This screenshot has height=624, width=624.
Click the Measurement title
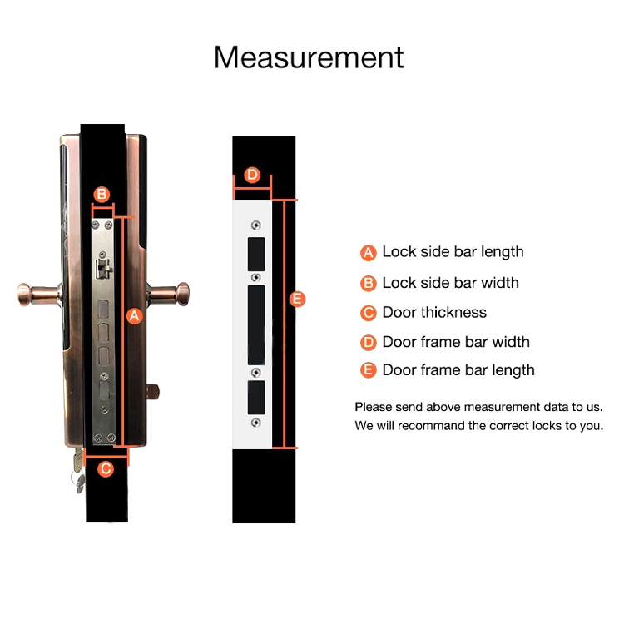point(309,57)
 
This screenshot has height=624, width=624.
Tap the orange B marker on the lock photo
point(102,194)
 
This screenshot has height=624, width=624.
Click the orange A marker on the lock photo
point(135,316)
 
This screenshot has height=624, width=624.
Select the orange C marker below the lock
point(106,468)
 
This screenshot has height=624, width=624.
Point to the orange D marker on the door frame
point(252,175)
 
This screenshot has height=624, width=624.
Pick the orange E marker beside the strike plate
point(297,299)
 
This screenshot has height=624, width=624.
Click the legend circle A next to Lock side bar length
point(368,253)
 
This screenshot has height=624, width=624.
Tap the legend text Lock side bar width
point(450,283)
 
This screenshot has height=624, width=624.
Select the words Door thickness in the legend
point(434,312)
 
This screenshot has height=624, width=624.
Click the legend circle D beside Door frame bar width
point(368,342)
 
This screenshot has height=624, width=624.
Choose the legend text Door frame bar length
point(458,370)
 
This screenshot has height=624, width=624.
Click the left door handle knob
point(25,295)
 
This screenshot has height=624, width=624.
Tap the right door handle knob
point(183,294)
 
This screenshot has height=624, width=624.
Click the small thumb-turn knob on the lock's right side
point(153,392)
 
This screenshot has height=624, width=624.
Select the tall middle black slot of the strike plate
point(256,324)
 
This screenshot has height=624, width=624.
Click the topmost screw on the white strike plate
point(256,225)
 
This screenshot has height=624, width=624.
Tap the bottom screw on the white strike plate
point(256,423)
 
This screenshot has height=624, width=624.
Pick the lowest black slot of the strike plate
point(256,397)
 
